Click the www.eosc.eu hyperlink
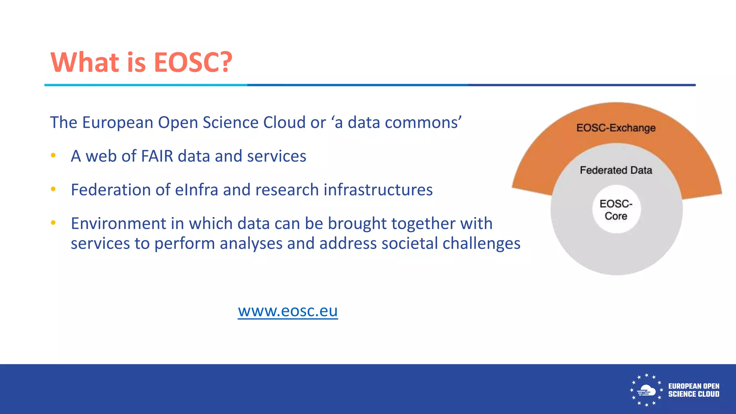(287, 311)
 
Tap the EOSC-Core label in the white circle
(616, 210)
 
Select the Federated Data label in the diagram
(616, 170)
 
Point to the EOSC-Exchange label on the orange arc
(616, 128)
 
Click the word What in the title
(85, 62)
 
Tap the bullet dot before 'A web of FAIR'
(53, 156)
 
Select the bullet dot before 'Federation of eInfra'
(53, 189)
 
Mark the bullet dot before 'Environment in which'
(53, 223)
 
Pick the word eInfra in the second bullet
(197, 190)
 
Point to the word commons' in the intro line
(423, 123)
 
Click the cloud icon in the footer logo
(646, 390)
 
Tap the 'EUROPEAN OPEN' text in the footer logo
(694, 386)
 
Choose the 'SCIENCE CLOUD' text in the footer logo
(694, 394)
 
